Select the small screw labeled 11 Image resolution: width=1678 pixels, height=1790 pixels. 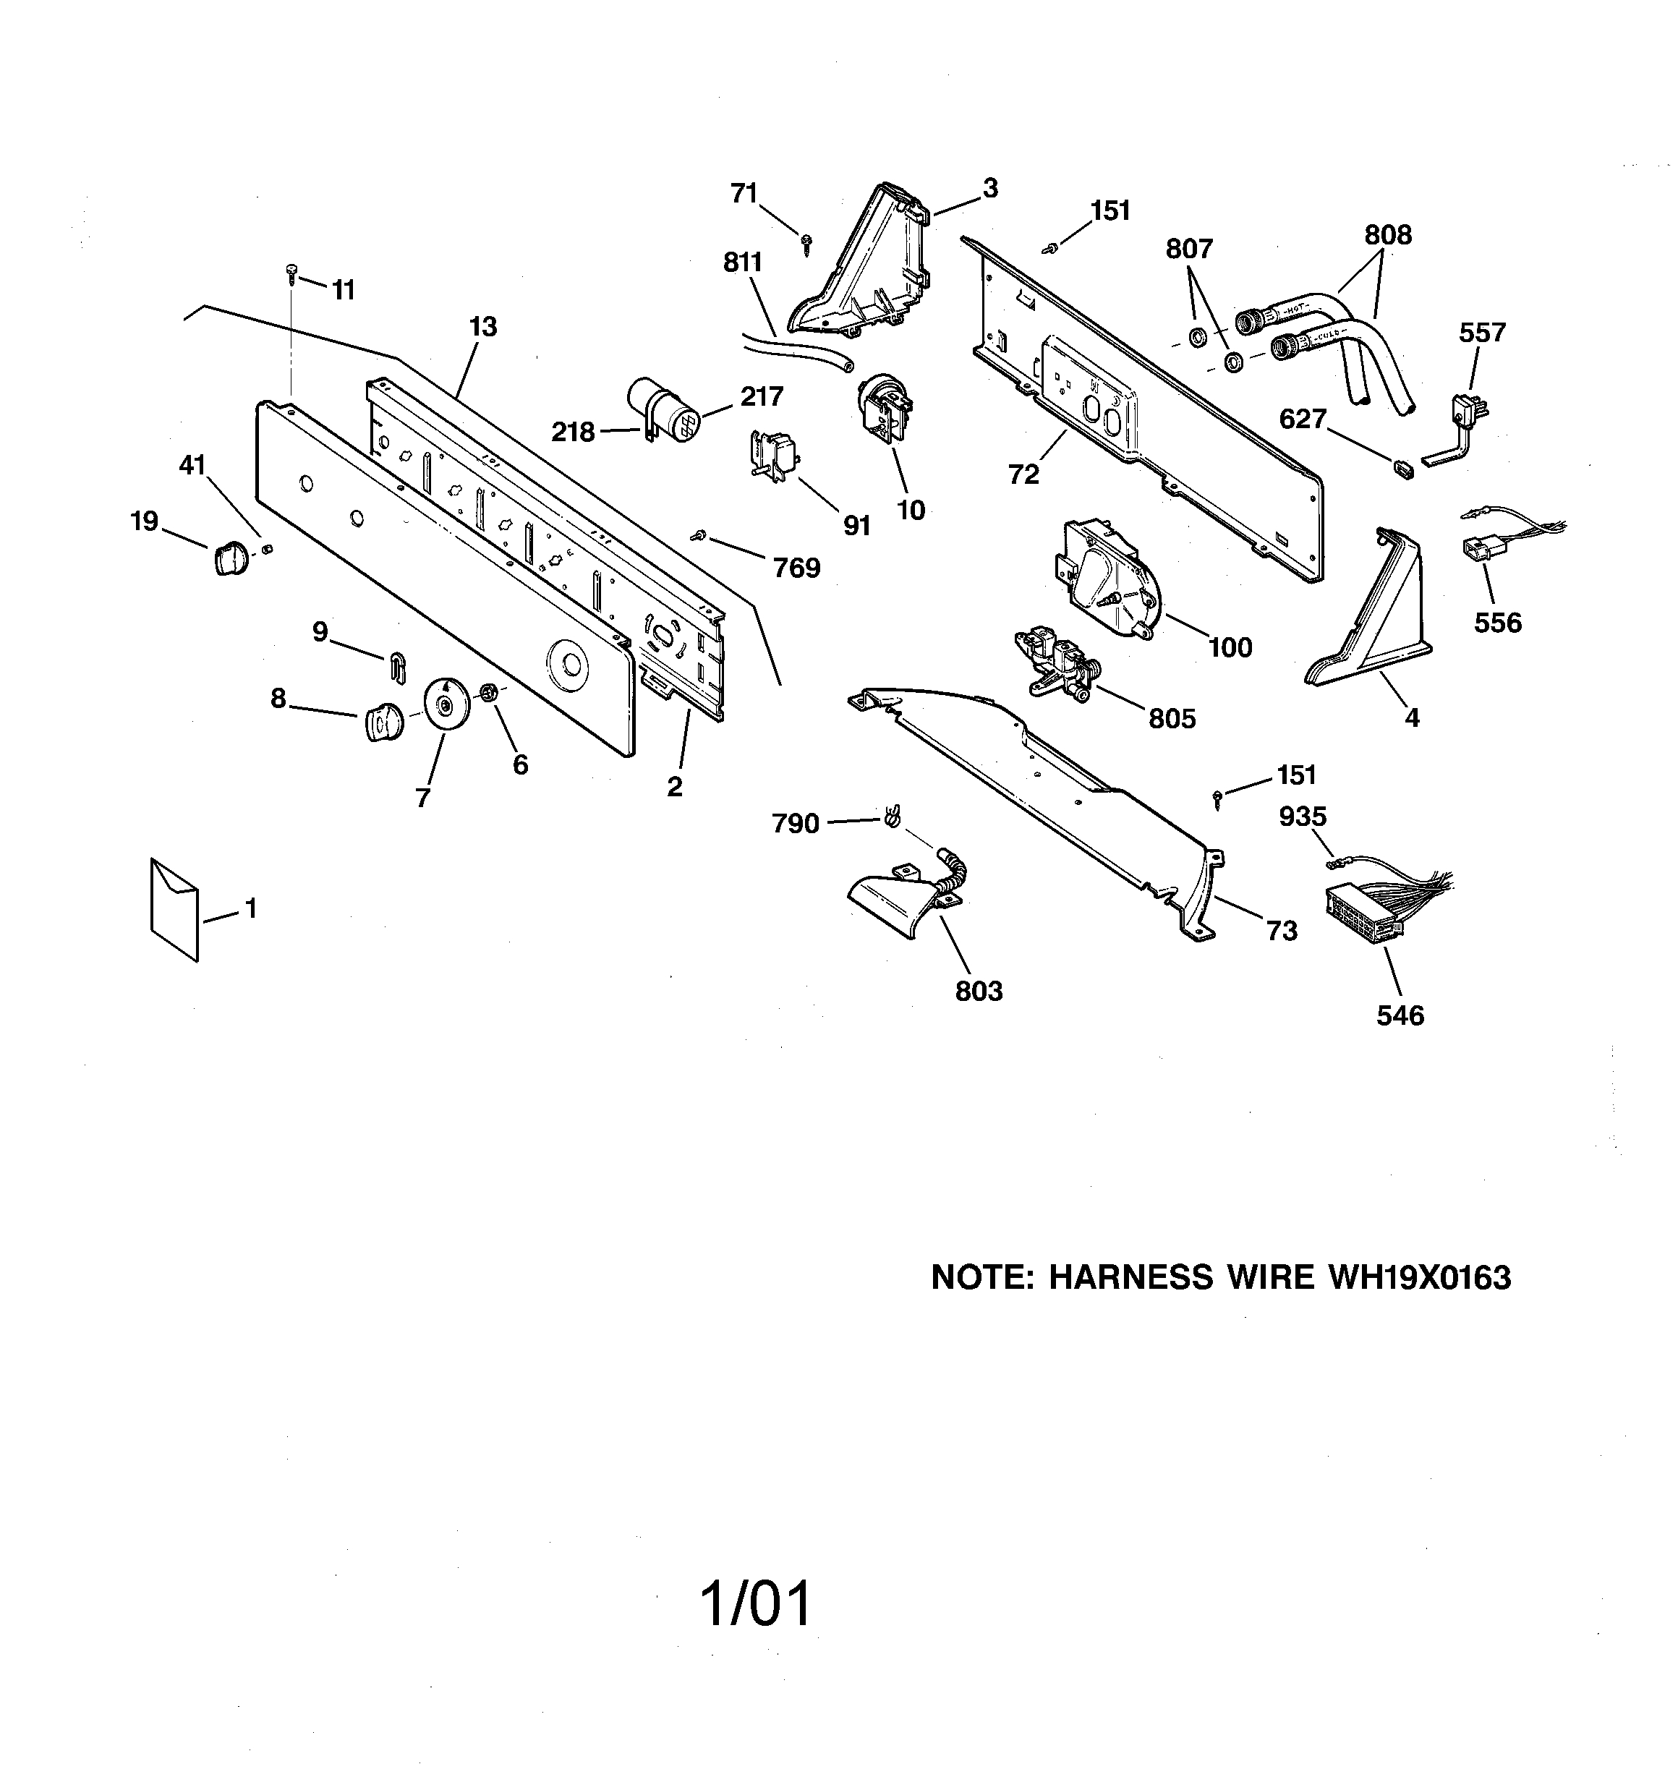291,273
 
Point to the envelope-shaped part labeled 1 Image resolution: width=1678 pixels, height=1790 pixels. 174,908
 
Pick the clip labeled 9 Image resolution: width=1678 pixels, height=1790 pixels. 397,665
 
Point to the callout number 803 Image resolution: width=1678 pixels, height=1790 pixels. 978,990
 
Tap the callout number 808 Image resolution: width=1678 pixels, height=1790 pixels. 1387,235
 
